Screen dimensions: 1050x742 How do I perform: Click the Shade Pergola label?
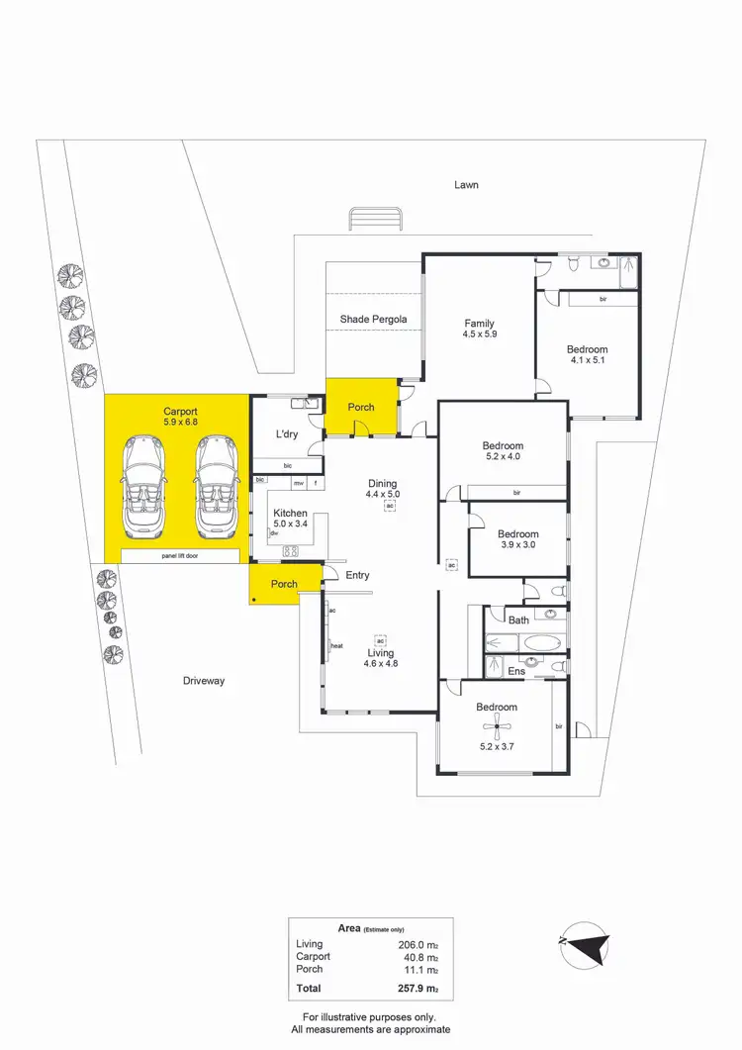[373, 319]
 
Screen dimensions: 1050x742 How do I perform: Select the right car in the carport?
[216, 485]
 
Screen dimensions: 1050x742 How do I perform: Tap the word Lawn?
[466, 185]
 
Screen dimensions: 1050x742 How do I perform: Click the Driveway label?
[204, 681]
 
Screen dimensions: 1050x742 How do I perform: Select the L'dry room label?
[286, 434]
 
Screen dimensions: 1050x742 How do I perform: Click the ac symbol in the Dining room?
[390, 506]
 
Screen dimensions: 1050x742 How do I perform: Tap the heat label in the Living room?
[336, 646]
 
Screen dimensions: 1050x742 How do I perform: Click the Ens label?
[516, 671]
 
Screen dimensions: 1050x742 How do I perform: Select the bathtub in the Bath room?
[540, 642]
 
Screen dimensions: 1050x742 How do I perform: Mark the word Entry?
[358, 575]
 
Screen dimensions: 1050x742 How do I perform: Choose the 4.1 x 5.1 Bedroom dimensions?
[587, 361]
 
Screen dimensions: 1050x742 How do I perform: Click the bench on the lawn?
[375, 218]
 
